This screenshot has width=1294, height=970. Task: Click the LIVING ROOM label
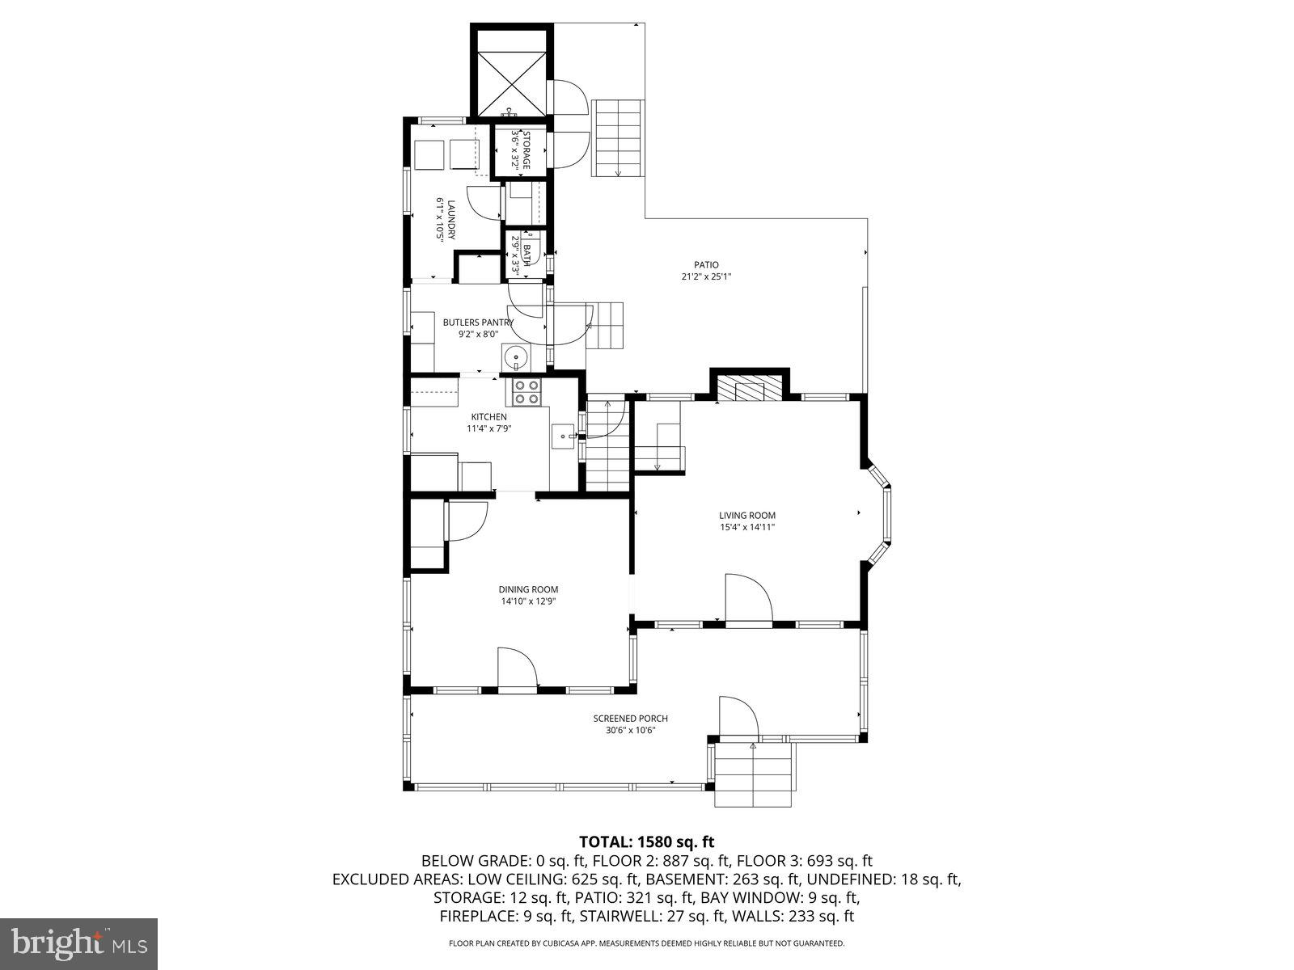[747, 516]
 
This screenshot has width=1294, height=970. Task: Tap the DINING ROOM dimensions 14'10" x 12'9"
[528, 601]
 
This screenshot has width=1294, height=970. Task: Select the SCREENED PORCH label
[630, 719]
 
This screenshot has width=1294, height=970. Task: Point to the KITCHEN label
[488, 417]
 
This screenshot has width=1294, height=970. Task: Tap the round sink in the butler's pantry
[514, 356]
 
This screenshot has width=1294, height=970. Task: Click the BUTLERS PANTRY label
[478, 323]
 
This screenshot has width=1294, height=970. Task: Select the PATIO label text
[705, 265]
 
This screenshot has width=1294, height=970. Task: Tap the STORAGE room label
[526, 150]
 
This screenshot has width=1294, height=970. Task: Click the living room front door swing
[748, 599]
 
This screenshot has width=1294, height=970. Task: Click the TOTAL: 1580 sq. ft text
[646, 842]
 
